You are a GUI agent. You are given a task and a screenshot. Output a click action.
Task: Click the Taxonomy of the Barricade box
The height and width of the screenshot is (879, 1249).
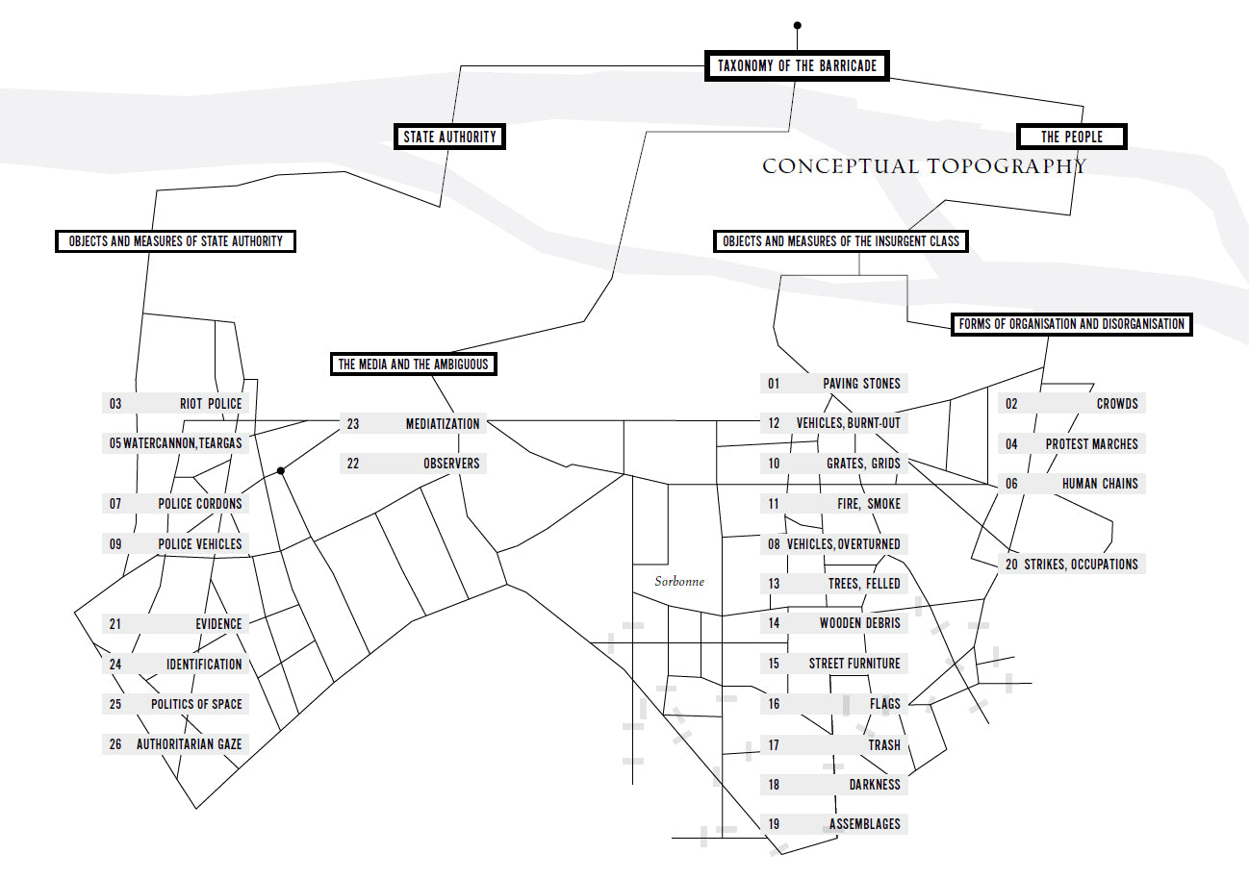[797, 65]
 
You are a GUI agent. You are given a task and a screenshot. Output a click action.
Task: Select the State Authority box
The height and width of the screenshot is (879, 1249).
[449, 137]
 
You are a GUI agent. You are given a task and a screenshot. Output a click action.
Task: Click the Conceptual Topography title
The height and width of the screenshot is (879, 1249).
[924, 166]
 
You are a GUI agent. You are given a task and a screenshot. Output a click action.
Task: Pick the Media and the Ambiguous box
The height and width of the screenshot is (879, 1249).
[413, 364]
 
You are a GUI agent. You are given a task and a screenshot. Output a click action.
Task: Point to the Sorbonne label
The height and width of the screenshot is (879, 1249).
[679, 582]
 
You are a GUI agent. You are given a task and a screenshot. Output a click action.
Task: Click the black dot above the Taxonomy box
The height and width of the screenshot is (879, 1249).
[797, 25]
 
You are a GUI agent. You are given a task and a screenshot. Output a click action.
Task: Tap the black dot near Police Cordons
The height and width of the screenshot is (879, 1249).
[280, 470]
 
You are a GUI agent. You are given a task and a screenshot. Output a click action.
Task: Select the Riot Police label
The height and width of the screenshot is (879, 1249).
[211, 404]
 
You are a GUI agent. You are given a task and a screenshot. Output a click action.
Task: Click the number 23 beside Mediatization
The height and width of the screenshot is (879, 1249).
[352, 423]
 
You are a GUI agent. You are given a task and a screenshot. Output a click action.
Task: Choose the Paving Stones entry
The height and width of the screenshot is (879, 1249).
[861, 384]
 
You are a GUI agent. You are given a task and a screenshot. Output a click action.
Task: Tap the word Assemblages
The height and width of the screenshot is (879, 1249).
[864, 824]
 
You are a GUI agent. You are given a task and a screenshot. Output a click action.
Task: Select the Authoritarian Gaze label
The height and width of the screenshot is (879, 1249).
[189, 744]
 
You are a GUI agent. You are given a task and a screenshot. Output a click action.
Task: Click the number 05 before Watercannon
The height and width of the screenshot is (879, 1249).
[115, 443]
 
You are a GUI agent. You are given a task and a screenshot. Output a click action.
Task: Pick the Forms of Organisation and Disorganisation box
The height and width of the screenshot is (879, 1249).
[1071, 324]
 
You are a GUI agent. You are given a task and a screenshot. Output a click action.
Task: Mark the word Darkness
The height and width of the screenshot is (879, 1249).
[874, 785]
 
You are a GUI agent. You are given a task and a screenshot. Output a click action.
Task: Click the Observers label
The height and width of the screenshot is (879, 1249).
[450, 464]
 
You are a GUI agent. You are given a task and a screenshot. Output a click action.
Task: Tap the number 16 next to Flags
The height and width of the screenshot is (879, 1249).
[774, 704]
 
